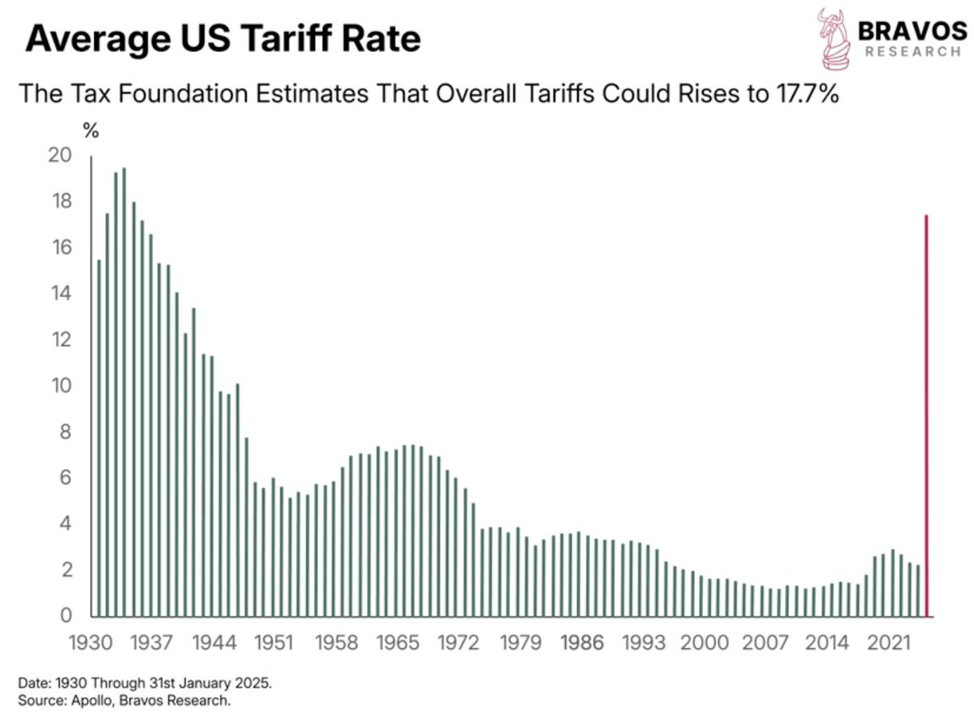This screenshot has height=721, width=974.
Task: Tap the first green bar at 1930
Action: (98, 438)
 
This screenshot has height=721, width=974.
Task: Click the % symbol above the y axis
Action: (91, 131)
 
